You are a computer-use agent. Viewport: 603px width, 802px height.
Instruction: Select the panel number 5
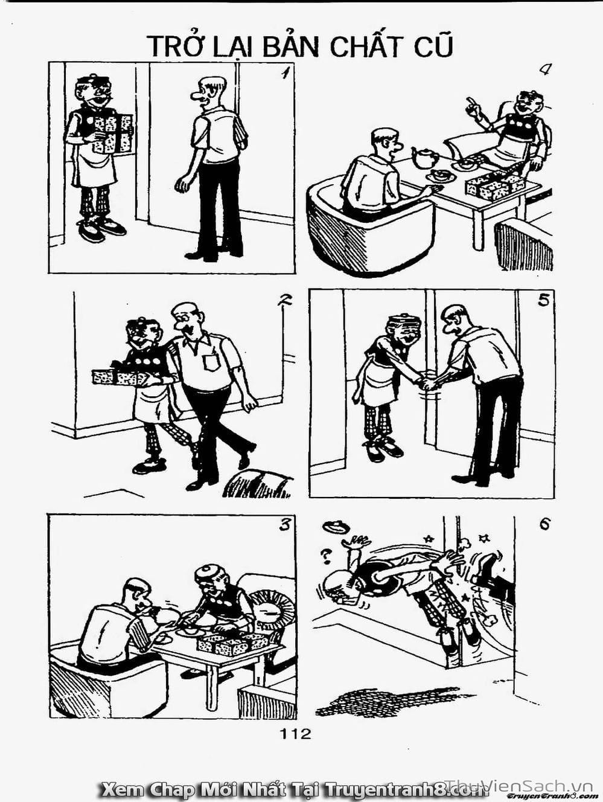click(543, 301)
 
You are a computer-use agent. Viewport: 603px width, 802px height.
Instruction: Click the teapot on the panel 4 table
click(424, 158)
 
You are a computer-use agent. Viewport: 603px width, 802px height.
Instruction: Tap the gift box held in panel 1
click(112, 133)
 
